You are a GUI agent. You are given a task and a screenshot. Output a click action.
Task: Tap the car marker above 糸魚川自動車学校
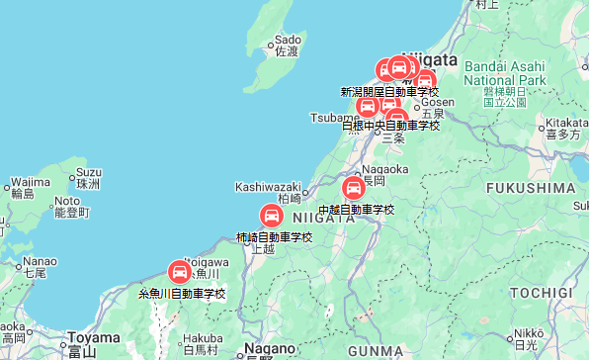(x=179, y=270)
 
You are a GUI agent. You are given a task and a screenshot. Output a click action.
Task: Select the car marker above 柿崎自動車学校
(x=271, y=215)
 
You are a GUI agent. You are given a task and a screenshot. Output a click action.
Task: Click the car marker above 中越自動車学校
(x=353, y=187)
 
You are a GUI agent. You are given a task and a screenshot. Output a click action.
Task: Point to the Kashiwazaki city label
(x=267, y=186)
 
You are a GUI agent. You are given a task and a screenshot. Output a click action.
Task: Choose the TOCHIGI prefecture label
(x=542, y=293)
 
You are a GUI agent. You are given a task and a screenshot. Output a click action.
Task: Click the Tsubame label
(x=332, y=118)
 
